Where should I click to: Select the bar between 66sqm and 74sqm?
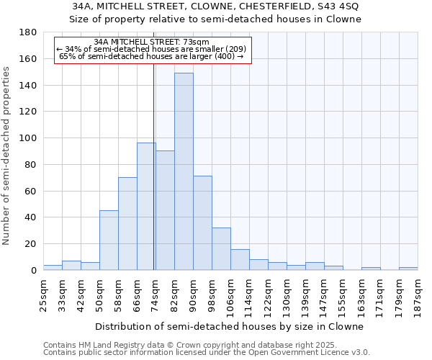(x=146, y=206)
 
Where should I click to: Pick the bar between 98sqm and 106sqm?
(x=221, y=248)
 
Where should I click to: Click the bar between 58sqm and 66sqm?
(x=127, y=223)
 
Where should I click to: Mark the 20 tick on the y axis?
(x=31, y=244)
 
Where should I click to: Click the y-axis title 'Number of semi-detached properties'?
(x=7, y=156)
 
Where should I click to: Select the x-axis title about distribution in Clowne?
(x=230, y=326)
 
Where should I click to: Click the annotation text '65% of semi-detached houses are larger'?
(x=141, y=56)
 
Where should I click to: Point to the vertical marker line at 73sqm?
(x=154, y=180)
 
